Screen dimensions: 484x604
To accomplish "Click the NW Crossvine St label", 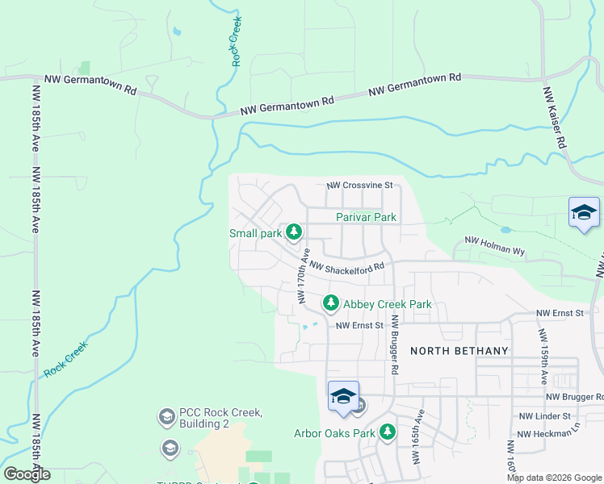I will click(x=359, y=186).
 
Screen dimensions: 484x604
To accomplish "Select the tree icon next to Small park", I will click(x=295, y=233).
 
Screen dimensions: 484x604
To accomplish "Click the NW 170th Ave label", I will click(x=302, y=277).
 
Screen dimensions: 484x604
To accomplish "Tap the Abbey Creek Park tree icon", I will click(x=330, y=303).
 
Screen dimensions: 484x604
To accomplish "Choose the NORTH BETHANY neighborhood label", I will click(x=459, y=351).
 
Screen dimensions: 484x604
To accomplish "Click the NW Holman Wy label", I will click(x=494, y=246).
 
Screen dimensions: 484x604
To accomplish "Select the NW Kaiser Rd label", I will click(x=553, y=118).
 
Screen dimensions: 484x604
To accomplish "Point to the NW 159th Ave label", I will click(x=543, y=354).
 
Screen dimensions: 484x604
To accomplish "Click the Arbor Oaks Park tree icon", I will click(x=388, y=433).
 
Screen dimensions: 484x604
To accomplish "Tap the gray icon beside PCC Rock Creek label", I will click(x=167, y=417).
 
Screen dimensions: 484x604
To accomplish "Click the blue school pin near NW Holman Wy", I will click(x=584, y=213).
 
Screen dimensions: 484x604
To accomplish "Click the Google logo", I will click(x=27, y=474).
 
